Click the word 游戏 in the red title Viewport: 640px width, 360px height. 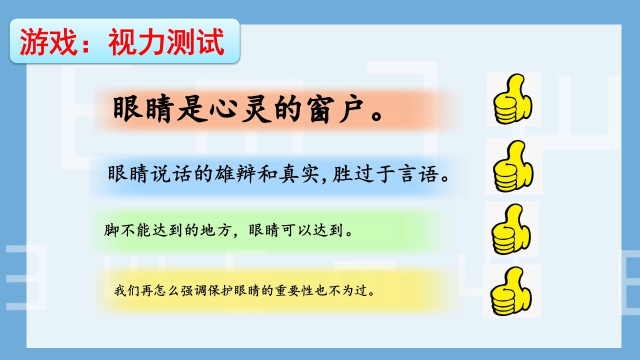point(48,41)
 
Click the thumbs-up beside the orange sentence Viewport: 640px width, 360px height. point(513,99)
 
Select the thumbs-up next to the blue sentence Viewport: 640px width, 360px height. point(513,166)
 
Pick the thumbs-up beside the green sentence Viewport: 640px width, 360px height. point(511,229)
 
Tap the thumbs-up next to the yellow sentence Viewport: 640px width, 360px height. point(511,291)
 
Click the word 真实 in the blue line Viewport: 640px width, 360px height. point(299,173)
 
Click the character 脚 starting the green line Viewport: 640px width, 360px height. point(111,230)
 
